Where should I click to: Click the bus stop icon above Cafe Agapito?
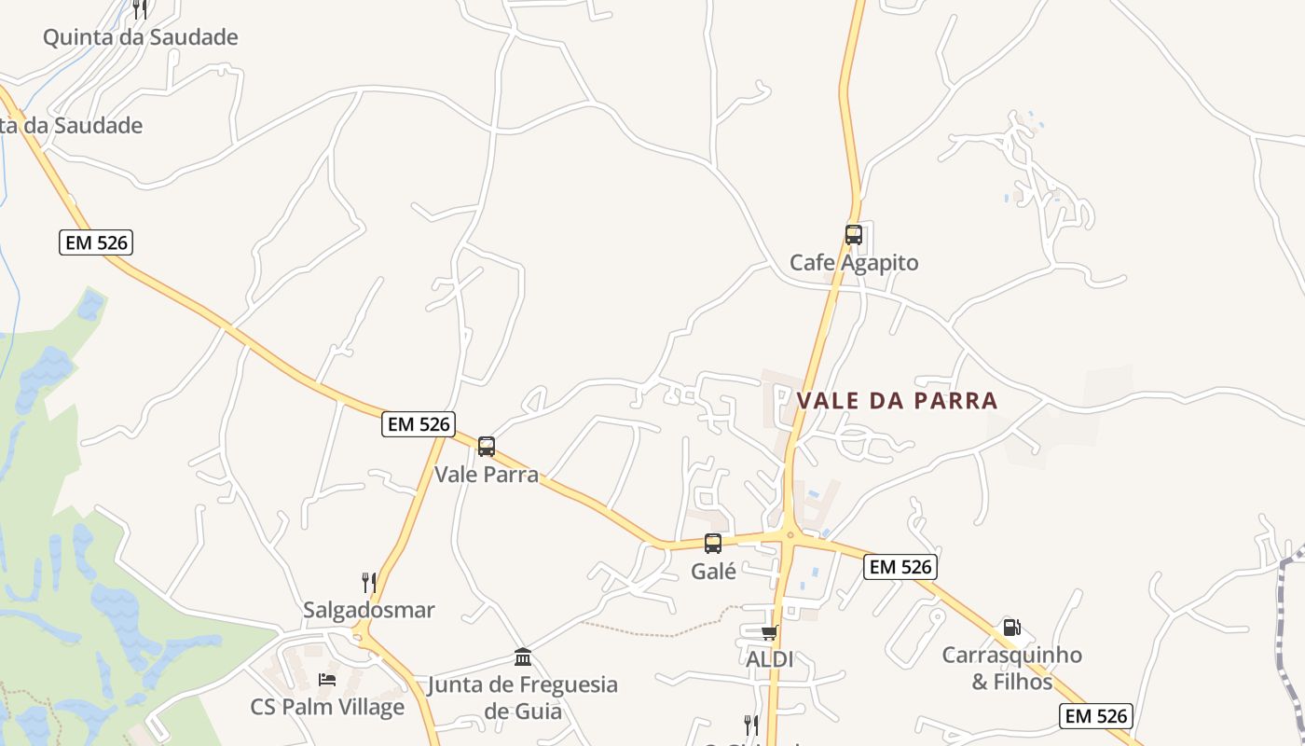[x=853, y=235]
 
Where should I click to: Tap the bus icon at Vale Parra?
[x=486, y=447]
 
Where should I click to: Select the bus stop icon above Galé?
[x=713, y=544]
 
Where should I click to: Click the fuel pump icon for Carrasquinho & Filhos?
[x=1011, y=628]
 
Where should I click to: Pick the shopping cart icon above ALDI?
[x=769, y=633]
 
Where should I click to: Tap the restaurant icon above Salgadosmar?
[x=369, y=583]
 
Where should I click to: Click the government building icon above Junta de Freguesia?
[x=523, y=657]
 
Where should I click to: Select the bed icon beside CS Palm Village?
[x=327, y=679]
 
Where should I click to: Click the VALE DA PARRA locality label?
[x=897, y=401]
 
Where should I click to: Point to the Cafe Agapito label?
[x=854, y=263]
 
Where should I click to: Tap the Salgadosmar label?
[x=369, y=611]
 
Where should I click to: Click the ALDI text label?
[x=770, y=659]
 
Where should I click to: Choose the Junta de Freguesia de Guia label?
[x=523, y=698]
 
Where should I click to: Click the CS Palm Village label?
[x=327, y=707]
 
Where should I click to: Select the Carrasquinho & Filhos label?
[x=1011, y=668]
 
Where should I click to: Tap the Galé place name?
[x=714, y=572]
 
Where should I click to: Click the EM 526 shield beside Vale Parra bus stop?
[x=419, y=424]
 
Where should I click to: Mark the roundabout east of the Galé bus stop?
[x=790, y=535]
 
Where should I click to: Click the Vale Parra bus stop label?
[x=487, y=475]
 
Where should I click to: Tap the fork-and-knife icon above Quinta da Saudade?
[x=140, y=9]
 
